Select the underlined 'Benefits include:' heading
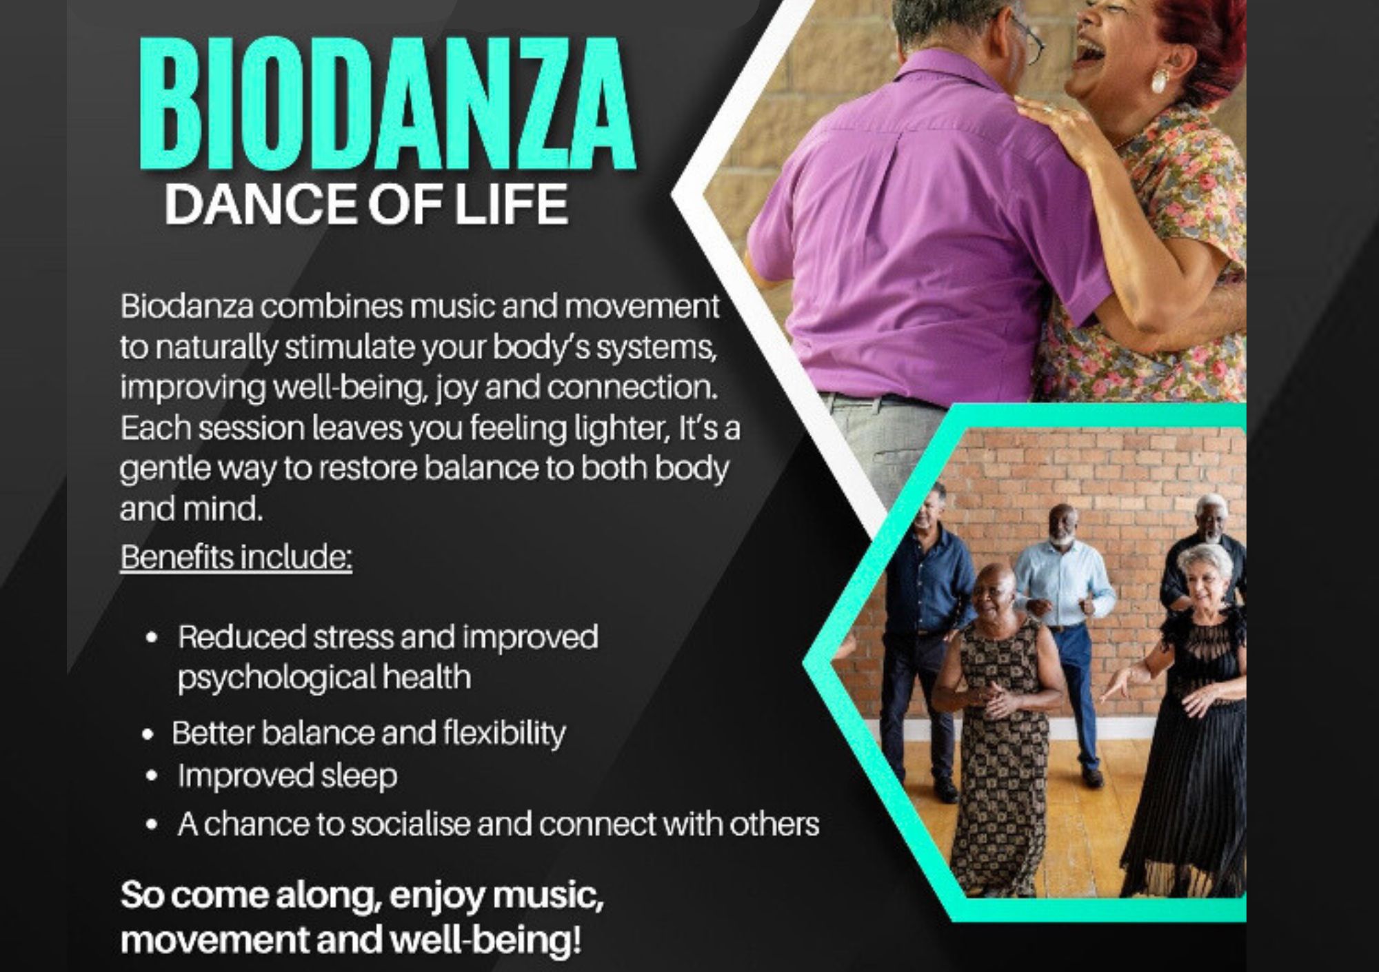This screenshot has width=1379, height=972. click(x=236, y=557)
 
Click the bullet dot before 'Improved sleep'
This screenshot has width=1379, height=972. click(x=152, y=776)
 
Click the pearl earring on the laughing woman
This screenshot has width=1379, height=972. click(x=1159, y=81)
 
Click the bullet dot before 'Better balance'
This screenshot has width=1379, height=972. click(x=147, y=735)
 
